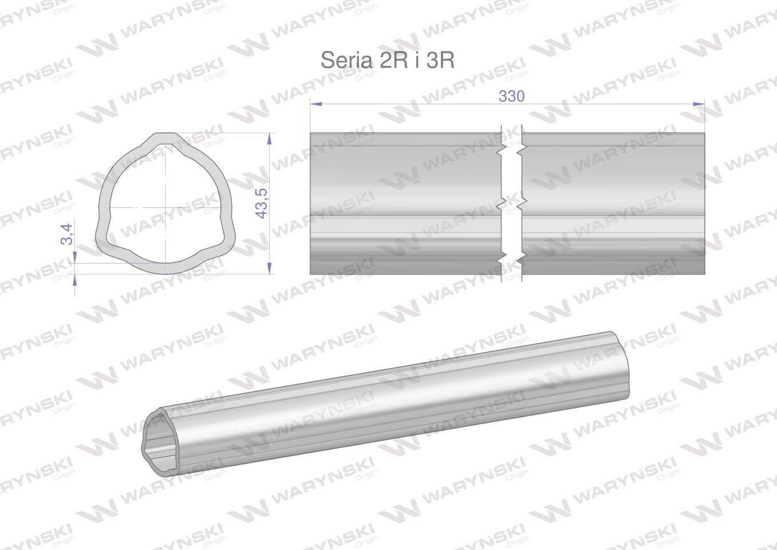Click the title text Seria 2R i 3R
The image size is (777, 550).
pyautogui.click(x=388, y=60)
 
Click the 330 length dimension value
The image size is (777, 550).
pyautogui.click(x=512, y=96)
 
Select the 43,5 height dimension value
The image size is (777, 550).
pyautogui.click(x=261, y=203)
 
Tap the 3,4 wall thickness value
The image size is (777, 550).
pyautogui.click(x=67, y=234)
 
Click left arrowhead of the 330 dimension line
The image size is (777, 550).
pyautogui.click(x=316, y=104)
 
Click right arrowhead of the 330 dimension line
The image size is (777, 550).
pyautogui.click(x=699, y=104)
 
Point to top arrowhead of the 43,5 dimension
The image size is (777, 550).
pyautogui.click(x=270, y=139)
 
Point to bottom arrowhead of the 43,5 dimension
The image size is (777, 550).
pyautogui.click(x=270, y=268)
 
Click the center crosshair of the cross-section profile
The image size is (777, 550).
pyautogui.click(x=166, y=208)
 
